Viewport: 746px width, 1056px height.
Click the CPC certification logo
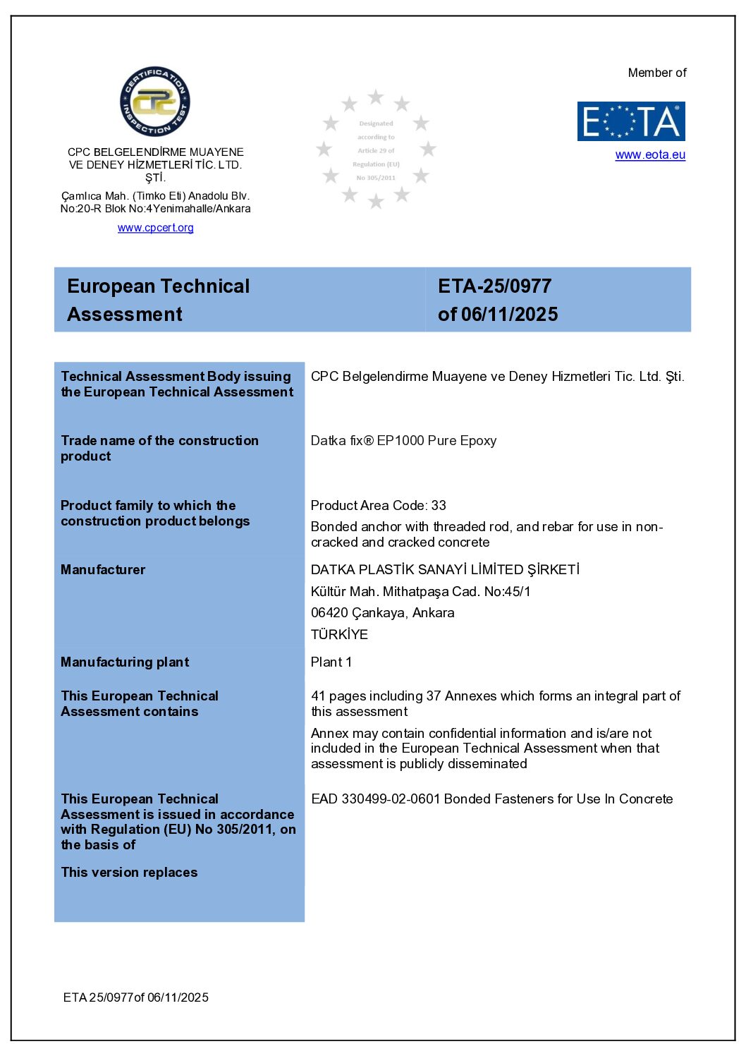tap(155, 102)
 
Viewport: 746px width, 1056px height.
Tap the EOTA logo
tap(631, 121)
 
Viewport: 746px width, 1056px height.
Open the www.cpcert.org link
tap(155, 228)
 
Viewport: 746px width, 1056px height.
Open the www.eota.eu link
tap(650, 155)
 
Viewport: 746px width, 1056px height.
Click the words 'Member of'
tap(657, 73)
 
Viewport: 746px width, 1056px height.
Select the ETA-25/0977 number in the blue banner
tap(495, 286)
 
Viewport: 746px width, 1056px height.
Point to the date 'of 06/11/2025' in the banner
tap(498, 315)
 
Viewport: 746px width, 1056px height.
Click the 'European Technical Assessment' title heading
tap(159, 300)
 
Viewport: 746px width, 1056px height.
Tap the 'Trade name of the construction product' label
tap(159, 449)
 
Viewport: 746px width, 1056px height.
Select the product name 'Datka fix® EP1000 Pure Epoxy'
tap(403, 441)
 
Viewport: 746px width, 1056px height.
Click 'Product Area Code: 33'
tap(379, 506)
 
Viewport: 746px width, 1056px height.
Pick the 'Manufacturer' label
tap(103, 570)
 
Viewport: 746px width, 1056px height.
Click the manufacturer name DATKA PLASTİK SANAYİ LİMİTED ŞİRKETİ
tap(445, 570)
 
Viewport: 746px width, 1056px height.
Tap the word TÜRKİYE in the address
tap(339, 634)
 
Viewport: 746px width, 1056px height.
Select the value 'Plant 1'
tap(331, 662)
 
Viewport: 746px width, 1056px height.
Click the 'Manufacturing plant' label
tap(125, 662)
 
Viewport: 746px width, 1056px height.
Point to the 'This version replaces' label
tap(129, 873)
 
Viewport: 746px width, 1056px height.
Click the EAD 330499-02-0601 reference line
tap(491, 799)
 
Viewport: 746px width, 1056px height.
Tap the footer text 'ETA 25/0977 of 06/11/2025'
tap(136, 997)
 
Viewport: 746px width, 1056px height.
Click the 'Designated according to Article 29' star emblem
tap(376, 150)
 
